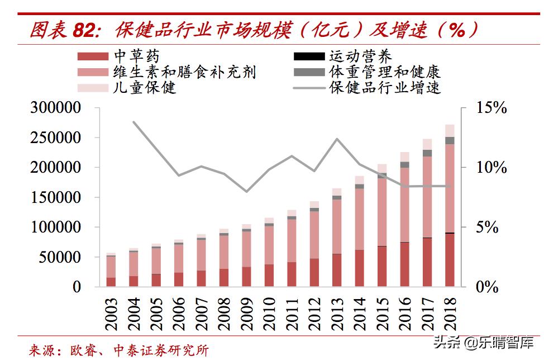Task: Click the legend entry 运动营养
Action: click(360, 56)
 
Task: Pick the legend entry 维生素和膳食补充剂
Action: click(184, 72)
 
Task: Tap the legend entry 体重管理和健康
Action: click(384, 72)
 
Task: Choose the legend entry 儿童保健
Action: click(144, 87)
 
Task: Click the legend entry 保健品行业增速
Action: click(384, 87)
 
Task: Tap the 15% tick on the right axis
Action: click(491, 108)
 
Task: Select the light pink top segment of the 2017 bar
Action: click(427, 144)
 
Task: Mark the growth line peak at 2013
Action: click(337, 139)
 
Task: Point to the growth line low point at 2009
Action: click(247, 192)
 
